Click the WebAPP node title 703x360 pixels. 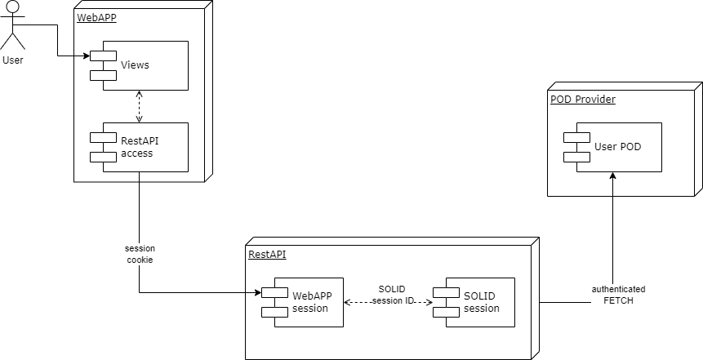96,18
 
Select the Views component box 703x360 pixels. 143,64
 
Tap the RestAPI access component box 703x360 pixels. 143,147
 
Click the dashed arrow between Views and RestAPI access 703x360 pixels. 139,106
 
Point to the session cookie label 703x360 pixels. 140,254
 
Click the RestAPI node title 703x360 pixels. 267,255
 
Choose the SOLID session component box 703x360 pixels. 478,302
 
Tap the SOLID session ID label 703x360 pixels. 392,296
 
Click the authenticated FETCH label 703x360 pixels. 618,295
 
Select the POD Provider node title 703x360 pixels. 583,100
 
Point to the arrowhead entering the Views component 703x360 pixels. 87,56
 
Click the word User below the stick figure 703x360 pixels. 14,60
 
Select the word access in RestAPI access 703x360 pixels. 136,153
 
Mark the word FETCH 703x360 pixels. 618,300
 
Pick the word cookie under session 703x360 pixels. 140,260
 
